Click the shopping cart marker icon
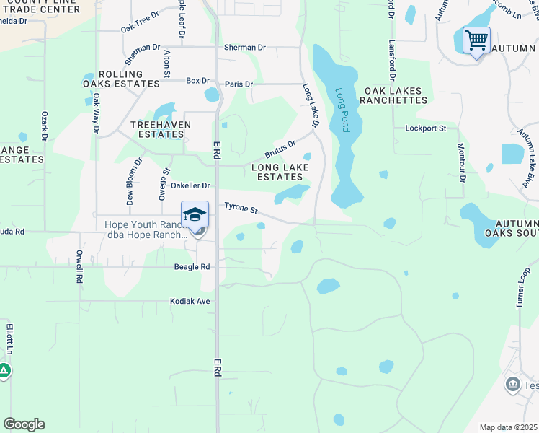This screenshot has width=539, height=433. (476, 40)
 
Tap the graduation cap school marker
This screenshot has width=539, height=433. (195, 214)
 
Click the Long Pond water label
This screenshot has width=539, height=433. (342, 110)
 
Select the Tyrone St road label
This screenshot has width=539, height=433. (241, 208)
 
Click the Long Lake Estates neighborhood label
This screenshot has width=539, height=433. (280, 172)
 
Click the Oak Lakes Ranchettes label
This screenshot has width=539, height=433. (396, 95)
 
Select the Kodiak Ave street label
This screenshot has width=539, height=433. (190, 301)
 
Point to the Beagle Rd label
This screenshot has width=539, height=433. (192, 266)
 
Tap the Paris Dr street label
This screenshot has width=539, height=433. (239, 84)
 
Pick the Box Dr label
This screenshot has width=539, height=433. (197, 80)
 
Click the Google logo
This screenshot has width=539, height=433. (24, 424)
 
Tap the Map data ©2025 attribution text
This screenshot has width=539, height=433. (509, 427)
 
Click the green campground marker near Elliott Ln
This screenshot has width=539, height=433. (4, 371)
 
